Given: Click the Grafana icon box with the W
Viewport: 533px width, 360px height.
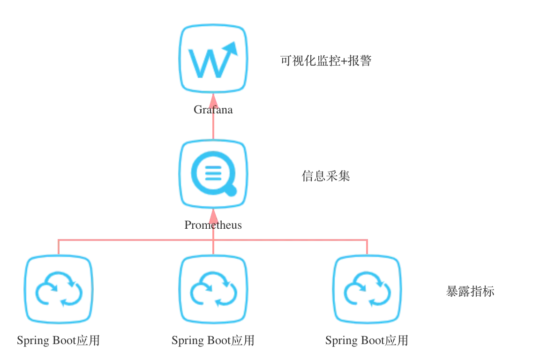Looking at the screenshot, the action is point(213,59).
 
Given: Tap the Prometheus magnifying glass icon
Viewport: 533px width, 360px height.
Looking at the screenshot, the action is point(213,174).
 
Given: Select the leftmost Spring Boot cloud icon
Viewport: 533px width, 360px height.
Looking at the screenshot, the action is point(59,289).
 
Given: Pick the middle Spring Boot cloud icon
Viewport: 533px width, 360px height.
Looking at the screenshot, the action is point(213,289).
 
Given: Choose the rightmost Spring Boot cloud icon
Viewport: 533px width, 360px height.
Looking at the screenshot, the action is point(367,289).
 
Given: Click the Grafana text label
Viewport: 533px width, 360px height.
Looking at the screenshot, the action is point(213,110).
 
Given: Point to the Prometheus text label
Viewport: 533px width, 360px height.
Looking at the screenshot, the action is point(213,225).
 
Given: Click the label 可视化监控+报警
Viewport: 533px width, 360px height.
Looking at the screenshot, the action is point(326,61).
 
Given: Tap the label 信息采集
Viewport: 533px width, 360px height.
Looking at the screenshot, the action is point(326,176).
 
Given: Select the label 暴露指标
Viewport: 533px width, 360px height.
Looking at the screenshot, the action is point(470,292).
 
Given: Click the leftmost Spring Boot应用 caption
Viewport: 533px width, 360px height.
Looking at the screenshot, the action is point(59,340).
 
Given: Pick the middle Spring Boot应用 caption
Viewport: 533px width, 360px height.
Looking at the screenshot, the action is point(213,340).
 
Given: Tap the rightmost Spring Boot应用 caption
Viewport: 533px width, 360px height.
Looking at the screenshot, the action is point(367,340).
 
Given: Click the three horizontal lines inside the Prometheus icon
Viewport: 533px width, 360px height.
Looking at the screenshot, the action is point(213,173).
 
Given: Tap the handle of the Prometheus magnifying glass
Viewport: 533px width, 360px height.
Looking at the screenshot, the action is point(231,190).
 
